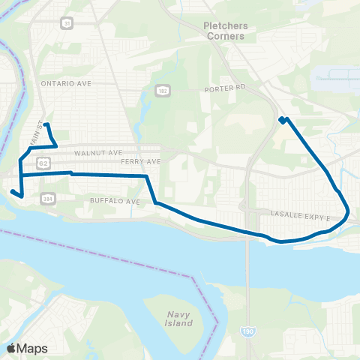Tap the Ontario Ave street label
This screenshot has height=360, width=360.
[x=67, y=83]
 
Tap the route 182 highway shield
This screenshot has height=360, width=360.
[x=161, y=90]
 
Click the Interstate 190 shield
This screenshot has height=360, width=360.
[x=248, y=331]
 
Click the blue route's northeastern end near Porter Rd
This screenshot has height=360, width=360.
[x=282, y=119]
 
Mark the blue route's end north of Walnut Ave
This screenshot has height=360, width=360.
[x=46, y=124]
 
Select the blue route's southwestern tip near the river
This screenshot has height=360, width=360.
[x=13, y=192]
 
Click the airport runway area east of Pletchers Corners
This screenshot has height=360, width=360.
[x=336, y=76]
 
